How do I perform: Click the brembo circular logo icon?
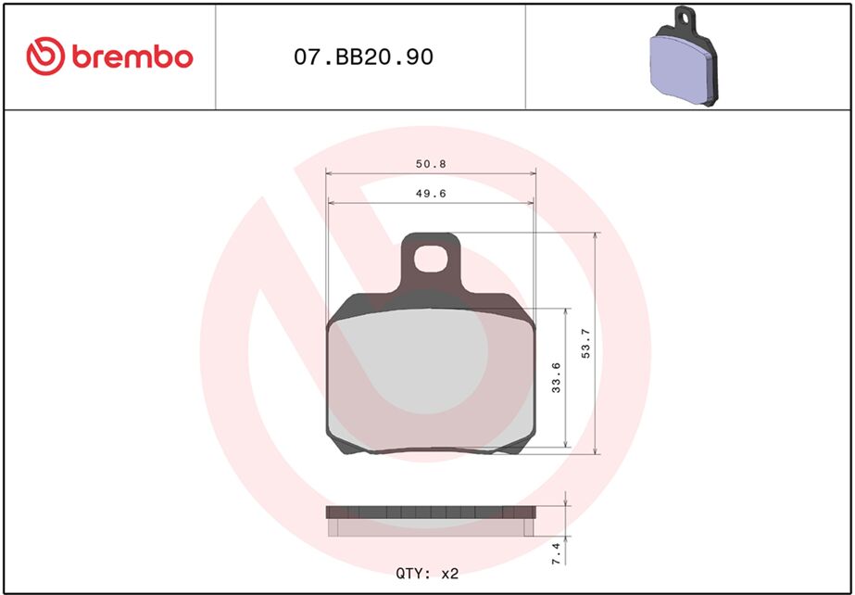[44, 57]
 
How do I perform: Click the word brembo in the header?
[132, 57]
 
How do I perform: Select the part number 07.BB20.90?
[363, 57]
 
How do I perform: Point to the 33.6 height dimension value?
[556, 378]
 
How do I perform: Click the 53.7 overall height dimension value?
[585, 345]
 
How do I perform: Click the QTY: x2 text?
[427, 574]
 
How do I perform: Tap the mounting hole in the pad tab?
[431, 259]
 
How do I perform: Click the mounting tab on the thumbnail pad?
[685, 17]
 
